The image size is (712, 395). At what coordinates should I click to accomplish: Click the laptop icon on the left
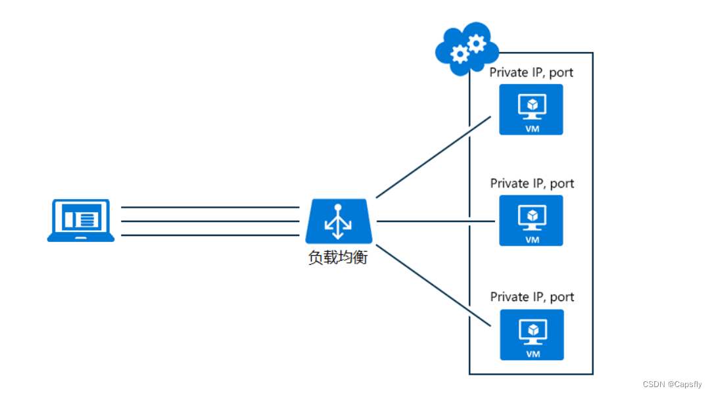[81, 221]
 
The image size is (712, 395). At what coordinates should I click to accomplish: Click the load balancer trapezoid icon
[339, 221]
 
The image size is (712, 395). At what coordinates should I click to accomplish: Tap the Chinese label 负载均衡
[338, 258]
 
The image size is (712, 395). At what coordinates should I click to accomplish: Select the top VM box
[531, 110]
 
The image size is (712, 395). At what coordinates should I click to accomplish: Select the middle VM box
[531, 221]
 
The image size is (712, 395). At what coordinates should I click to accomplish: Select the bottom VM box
[532, 335]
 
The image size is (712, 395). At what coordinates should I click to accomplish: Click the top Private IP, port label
[531, 72]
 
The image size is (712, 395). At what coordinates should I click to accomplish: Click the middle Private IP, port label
[532, 183]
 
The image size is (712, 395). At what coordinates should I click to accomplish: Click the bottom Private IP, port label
[532, 297]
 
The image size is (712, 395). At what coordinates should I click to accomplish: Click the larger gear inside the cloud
[476, 44]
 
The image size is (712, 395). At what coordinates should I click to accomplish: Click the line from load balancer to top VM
[434, 157]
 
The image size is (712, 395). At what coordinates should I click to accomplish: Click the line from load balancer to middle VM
[434, 221]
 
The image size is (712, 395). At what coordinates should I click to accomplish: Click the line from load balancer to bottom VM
[434, 286]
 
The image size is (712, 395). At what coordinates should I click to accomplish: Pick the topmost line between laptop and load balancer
[210, 207]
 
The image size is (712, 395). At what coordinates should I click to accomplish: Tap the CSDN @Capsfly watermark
[672, 384]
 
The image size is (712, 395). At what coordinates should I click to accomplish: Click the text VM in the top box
[533, 129]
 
